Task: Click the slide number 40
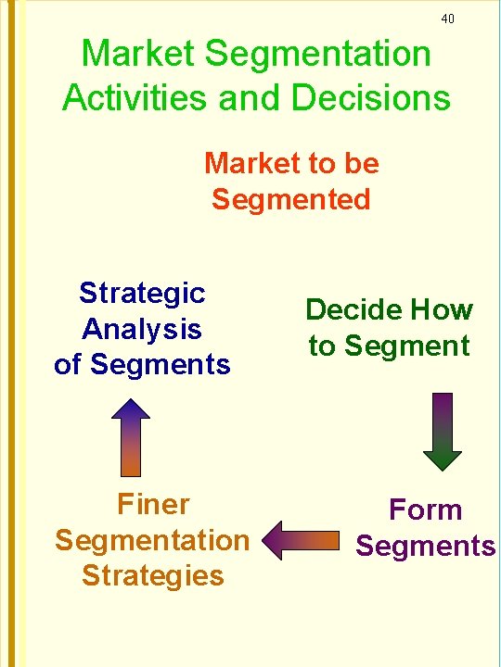(x=448, y=19)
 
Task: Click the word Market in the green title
(x=139, y=54)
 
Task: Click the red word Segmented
(x=291, y=198)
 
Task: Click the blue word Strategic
(x=142, y=293)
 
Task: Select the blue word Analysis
(x=142, y=329)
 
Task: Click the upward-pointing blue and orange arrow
(x=136, y=437)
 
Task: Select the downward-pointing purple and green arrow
(x=443, y=431)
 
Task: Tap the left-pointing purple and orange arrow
(x=301, y=540)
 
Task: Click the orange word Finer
(x=153, y=504)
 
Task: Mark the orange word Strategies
(x=153, y=575)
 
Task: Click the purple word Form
(x=425, y=510)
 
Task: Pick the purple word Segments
(x=426, y=546)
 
